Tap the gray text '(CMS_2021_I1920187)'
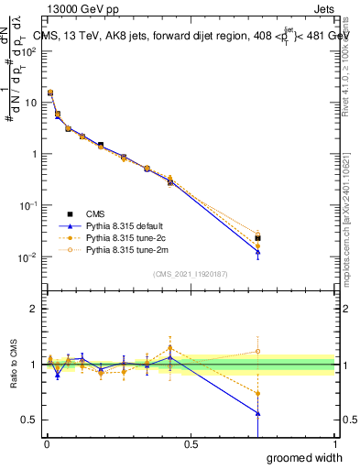pyautogui.click(x=190, y=274)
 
